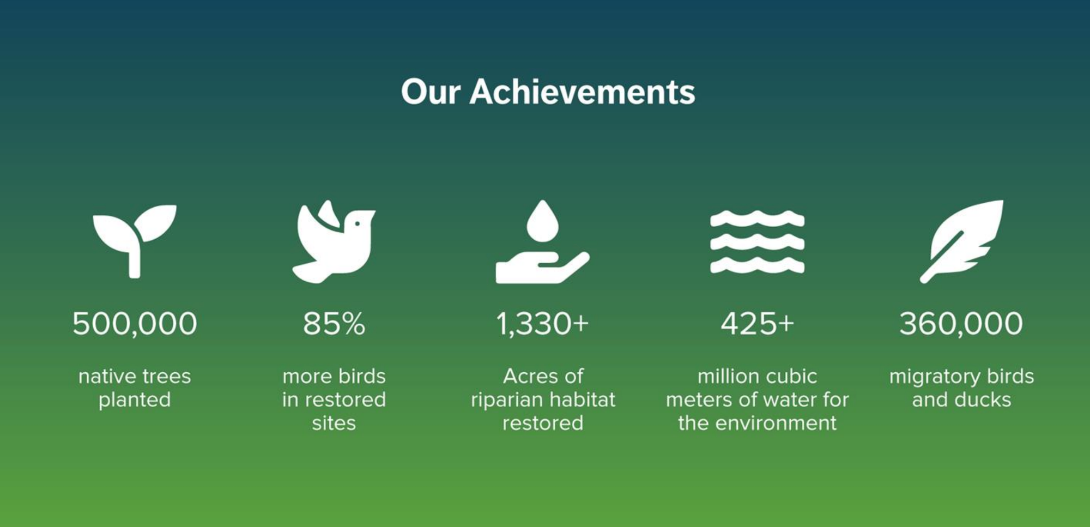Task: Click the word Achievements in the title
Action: [x=582, y=91]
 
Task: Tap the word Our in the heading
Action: [x=431, y=92]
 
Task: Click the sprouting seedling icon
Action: [x=134, y=241]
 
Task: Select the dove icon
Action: [x=334, y=241]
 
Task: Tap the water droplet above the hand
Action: [x=543, y=221]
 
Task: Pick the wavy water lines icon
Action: [x=757, y=241]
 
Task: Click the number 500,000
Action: [x=135, y=324]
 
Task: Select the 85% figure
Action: [x=334, y=324]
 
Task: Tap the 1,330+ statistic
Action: [x=542, y=324]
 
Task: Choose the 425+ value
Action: [x=757, y=324]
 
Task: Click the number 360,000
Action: [x=961, y=324]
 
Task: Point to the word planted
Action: [x=135, y=401]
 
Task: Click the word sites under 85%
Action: [x=334, y=423]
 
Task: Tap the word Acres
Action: [x=526, y=376]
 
